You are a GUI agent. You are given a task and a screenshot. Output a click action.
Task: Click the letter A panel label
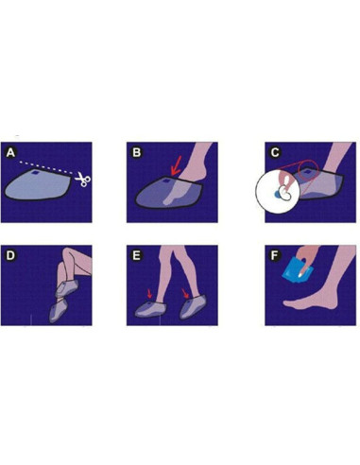coord(10,153)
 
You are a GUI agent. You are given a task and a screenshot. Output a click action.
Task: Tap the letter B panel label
coord(136,152)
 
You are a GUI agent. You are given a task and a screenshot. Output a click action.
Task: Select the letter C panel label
coord(275,152)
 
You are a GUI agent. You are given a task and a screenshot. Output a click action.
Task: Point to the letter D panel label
coord(10,255)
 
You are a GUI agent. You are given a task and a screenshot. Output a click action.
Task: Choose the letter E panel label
coord(136,255)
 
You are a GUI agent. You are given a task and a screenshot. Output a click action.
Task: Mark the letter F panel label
coord(275,255)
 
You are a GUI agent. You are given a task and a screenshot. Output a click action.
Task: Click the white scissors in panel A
coord(83,180)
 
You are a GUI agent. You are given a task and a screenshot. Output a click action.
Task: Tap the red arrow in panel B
coord(176,168)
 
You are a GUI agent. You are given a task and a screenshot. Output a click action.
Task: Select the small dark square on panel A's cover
coord(36,173)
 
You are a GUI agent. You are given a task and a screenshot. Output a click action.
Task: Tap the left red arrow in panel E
coord(149,294)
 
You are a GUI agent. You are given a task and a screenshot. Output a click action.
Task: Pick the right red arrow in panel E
coord(185,293)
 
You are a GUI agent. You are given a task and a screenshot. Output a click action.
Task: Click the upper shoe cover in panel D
coord(66,288)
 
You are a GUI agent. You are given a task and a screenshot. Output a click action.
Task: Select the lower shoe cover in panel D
coord(58,310)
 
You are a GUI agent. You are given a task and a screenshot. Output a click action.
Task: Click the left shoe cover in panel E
coord(149,309)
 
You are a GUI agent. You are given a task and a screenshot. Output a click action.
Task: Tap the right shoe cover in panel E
coord(193,307)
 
